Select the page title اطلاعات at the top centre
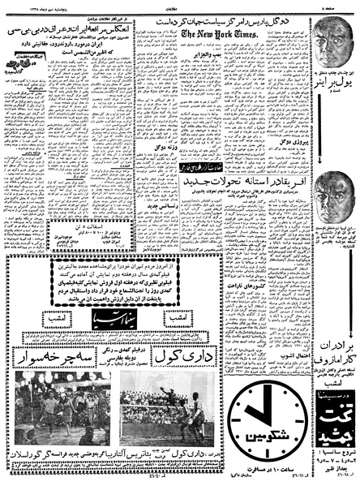[180, 4]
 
